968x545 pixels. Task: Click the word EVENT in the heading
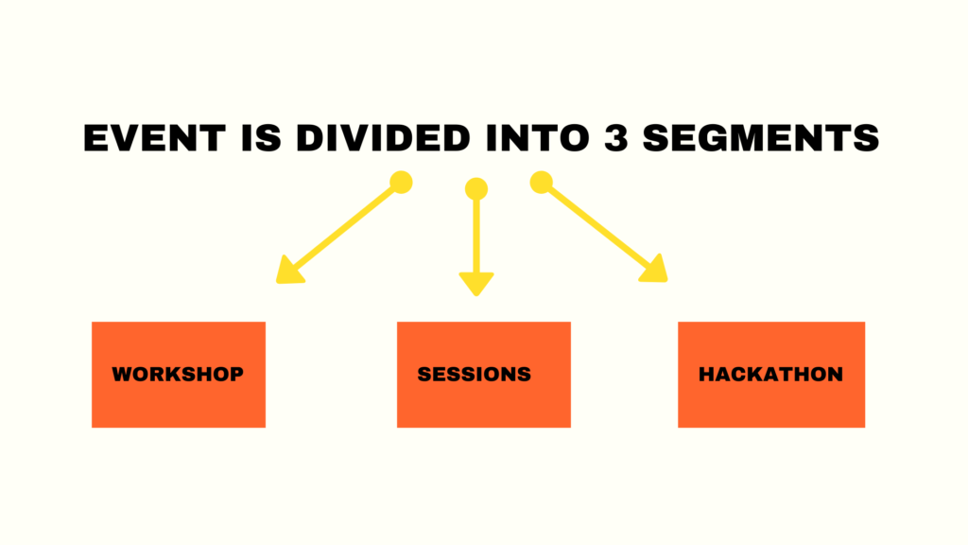tap(154, 137)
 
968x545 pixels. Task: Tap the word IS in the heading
tap(261, 137)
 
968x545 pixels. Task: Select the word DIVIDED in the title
tap(383, 137)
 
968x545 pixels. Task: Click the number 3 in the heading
tap(615, 137)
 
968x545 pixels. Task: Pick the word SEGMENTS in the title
tap(761, 137)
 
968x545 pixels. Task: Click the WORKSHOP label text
tap(178, 374)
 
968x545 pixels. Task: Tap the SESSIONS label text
tap(475, 374)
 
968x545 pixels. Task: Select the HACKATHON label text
tap(770, 374)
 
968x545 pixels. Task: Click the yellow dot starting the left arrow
tap(401, 183)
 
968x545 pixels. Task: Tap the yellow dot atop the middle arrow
tap(476, 189)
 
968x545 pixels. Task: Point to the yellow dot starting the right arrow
tap(542, 183)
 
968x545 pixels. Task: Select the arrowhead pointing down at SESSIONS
tap(476, 283)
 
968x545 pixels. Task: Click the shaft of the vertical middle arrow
tap(476, 236)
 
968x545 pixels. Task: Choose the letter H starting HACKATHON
tap(706, 374)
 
